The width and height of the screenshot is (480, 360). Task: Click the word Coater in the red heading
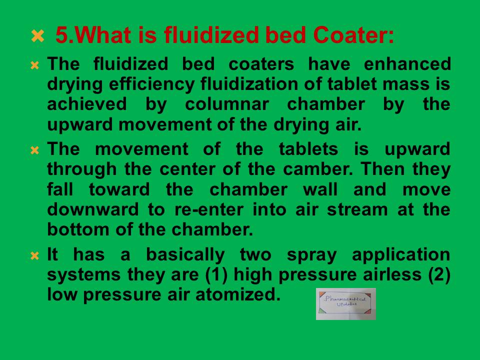(x=353, y=35)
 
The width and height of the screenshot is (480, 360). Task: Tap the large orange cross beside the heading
(x=37, y=35)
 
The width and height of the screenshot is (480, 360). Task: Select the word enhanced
(x=407, y=64)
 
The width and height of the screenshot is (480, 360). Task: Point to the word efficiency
(x=151, y=84)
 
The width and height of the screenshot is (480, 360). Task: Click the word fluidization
(x=249, y=84)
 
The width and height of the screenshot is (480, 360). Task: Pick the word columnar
(x=227, y=104)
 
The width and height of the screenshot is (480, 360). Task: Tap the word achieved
(x=87, y=104)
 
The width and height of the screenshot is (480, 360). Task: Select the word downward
(x=93, y=209)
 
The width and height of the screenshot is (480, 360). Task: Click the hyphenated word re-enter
(x=209, y=210)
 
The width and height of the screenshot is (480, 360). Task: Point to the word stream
(x=357, y=210)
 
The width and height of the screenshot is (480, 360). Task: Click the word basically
(x=185, y=255)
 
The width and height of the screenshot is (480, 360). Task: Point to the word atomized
(x=238, y=294)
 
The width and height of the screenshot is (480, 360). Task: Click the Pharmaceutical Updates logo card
(x=346, y=304)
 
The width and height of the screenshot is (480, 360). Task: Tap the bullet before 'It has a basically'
(x=34, y=255)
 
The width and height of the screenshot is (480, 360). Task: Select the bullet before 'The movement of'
(x=34, y=150)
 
